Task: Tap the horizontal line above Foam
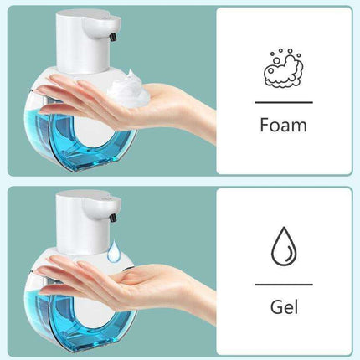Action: (283, 102)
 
